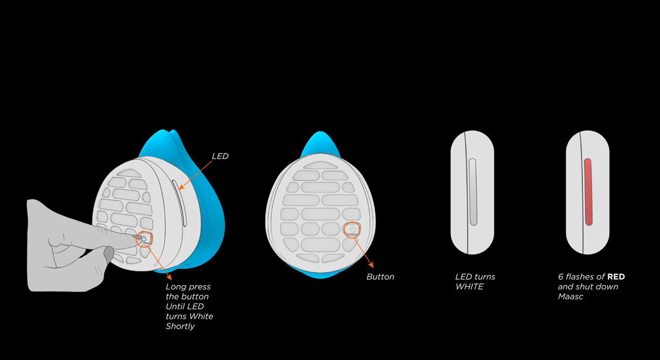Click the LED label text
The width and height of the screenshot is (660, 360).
pos(220,156)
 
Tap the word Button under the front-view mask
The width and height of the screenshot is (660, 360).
pos(380,276)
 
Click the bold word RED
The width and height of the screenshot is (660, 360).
pos(616,276)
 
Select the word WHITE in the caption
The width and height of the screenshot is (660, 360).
pos(469,287)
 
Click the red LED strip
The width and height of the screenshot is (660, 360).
pos(588,192)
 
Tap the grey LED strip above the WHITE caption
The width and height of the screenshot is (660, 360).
pos(473,192)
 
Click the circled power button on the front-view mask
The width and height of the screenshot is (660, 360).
pos(352,229)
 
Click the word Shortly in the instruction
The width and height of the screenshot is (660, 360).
pos(180,326)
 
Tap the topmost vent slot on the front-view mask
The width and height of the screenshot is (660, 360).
pos(320,165)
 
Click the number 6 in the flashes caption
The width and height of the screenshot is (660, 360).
pos(561,276)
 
